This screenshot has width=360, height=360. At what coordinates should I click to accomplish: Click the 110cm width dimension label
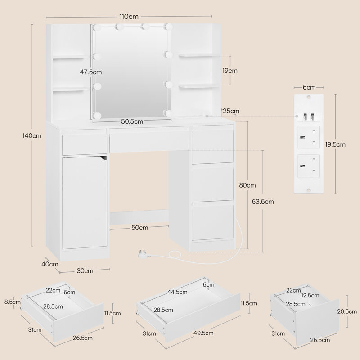[x=129, y=17]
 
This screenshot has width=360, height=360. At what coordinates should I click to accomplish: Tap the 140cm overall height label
[x=32, y=136]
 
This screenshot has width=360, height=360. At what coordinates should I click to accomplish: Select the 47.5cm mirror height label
[x=91, y=72]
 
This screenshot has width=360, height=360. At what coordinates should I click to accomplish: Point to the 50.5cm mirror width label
[x=132, y=121]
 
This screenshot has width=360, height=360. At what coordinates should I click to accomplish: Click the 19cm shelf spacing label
[x=230, y=71]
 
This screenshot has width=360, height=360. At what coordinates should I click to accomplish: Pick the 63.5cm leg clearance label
[x=263, y=202]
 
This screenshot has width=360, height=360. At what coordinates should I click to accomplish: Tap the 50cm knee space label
[x=139, y=228]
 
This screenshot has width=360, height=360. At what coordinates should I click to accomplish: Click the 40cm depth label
[x=50, y=264]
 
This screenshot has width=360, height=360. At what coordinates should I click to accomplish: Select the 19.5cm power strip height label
[x=335, y=144]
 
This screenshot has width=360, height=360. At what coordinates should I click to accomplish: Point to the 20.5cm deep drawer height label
[x=347, y=311]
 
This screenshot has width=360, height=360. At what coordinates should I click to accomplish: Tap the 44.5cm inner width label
[x=177, y=292]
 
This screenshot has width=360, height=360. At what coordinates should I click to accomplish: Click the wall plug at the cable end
[x=142, y=254]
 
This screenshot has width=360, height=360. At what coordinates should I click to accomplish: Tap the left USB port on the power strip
[x=305, y=117]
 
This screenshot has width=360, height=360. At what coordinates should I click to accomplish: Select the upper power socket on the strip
[x=309, y=137]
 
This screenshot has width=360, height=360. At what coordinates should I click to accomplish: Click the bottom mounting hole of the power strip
[x=309, y=190]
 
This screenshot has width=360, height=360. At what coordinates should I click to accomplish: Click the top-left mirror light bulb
[x=96, y=27]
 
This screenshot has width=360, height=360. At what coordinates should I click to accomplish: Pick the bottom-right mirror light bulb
[x=168, y=113]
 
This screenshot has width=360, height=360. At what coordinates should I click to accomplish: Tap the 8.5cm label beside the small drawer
[x=13, y=301]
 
